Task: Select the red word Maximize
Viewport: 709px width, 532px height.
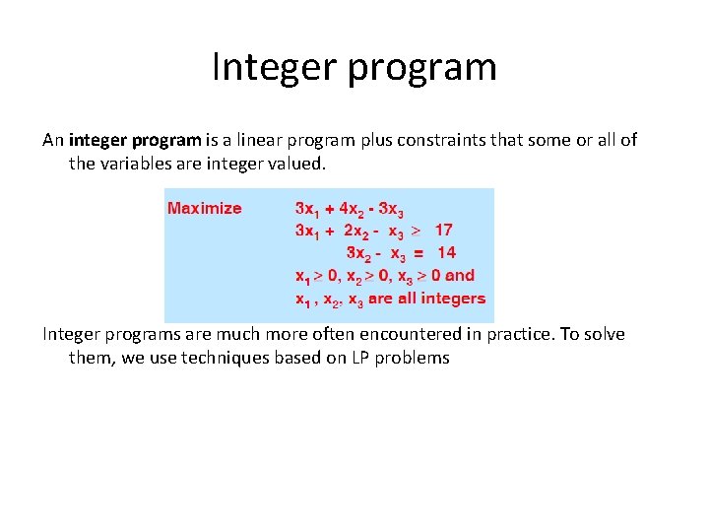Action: click(204, 208)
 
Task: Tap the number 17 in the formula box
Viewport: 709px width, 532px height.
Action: click(443, 231)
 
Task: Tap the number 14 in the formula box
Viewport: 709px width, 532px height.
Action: click(446, 253)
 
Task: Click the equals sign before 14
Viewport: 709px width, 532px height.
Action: click(417, 253)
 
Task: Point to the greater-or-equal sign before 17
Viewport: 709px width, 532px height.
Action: click(416, 231)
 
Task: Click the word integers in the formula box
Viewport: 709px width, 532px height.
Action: click(456, 299)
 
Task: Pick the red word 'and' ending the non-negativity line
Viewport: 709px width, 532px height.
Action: click(460, 276)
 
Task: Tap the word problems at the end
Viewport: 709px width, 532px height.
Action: click(415, 358)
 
